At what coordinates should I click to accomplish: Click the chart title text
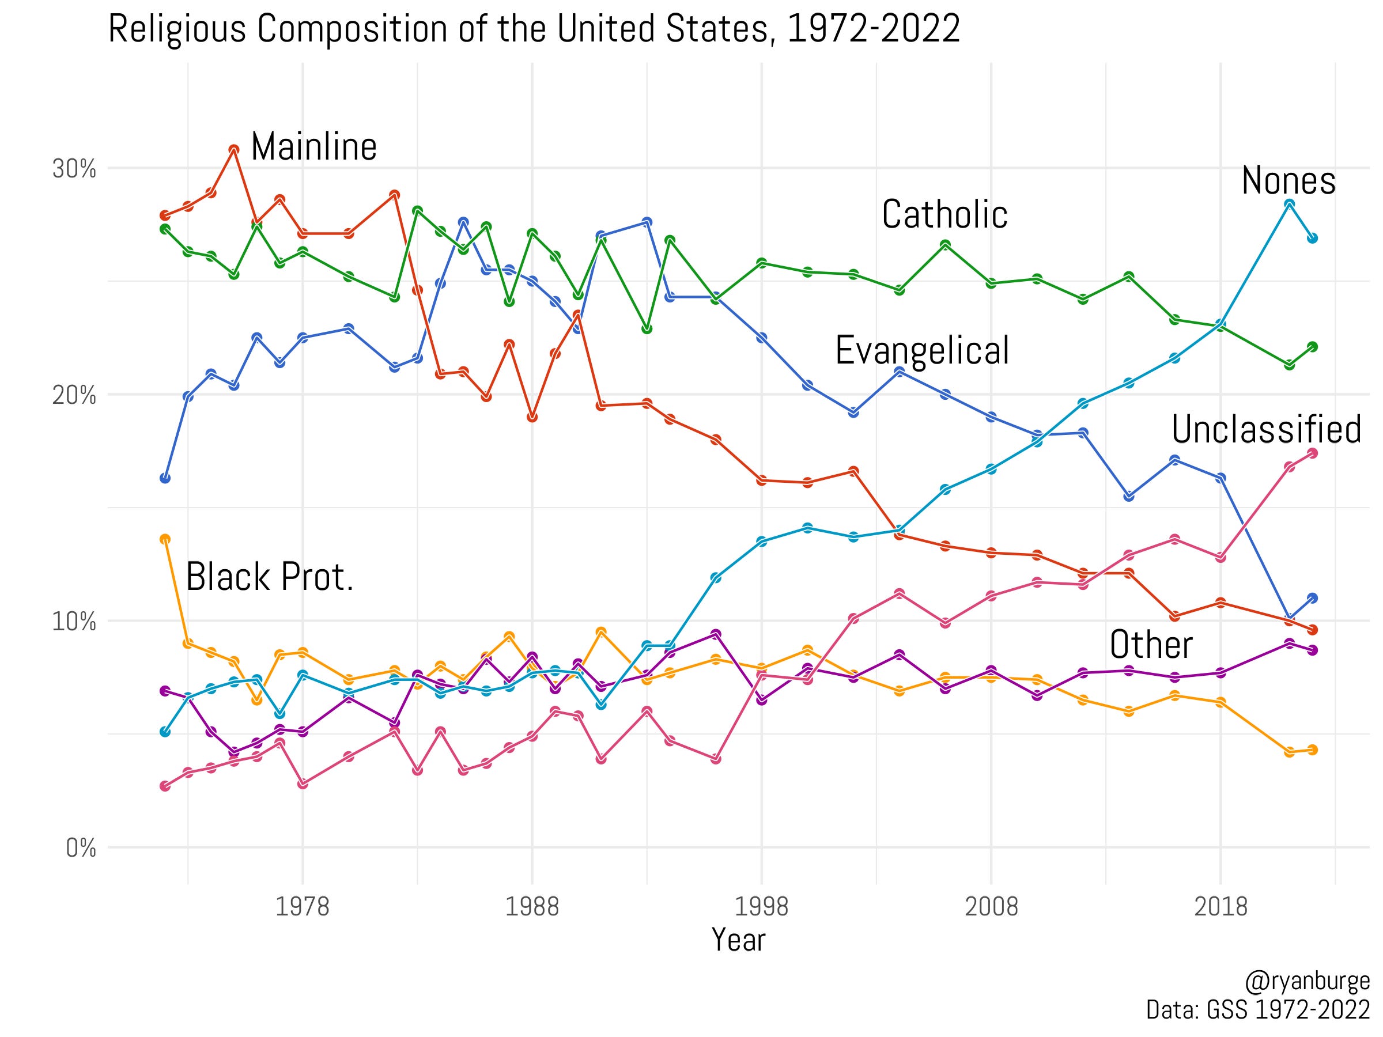[534, 29]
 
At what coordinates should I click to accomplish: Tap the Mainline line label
[313, 147]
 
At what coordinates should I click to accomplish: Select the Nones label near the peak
[1288, 181]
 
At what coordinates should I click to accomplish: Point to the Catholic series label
[944, 215]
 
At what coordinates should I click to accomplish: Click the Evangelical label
[921, 351]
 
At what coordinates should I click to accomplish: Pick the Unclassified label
[1266, 430]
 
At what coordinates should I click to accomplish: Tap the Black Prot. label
[270, 577]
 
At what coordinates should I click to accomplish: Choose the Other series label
[1150, 645]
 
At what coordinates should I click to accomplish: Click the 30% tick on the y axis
[74, 169]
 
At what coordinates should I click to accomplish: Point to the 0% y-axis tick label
[81, 848]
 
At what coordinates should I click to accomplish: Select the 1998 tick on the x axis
[761, 906]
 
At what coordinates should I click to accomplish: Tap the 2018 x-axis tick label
[1220, 906]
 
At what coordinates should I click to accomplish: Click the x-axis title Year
[738, 940]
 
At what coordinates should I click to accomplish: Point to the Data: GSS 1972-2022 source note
[1257, 1009]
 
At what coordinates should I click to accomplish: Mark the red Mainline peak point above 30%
[234, 150]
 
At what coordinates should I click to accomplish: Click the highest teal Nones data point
[1288, 205]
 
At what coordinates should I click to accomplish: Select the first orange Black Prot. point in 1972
[165, 539]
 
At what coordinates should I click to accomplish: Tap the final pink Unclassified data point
[1312, 453]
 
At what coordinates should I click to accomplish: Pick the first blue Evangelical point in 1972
[165, 478]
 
